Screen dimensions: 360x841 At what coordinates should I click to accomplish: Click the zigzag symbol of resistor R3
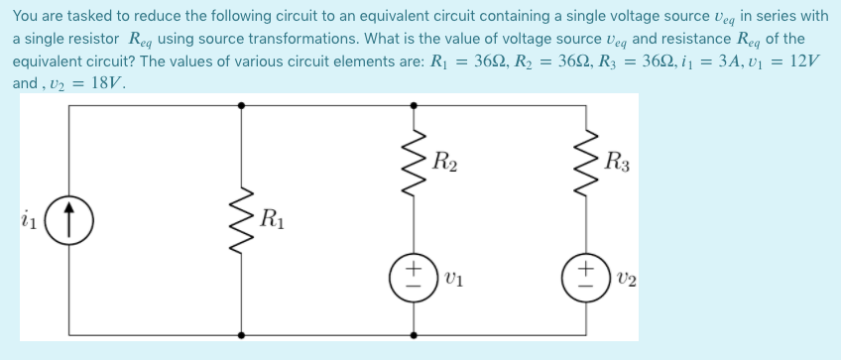(585, 160)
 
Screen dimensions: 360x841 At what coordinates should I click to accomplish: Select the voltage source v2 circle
(585, 273)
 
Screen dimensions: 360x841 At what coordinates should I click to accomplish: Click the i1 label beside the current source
(30, 217)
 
